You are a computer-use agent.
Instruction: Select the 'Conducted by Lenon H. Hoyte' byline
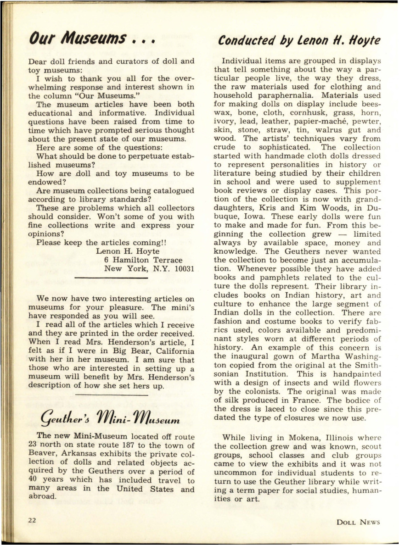[x=299, y=40]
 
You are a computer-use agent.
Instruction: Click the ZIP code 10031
[x=182, y=268]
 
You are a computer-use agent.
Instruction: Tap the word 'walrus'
[x=325, y=130]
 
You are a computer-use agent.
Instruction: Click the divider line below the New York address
[x=111, y=278]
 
